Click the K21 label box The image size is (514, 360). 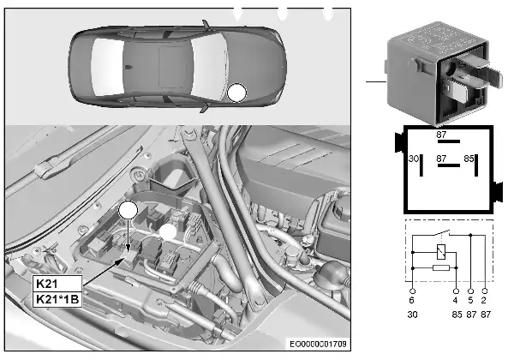pyautogui.click(x=57, y=284)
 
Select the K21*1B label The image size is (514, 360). pyautogui.click(x=57, y=299)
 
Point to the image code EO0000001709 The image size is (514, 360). pyautogui.click(x=318, y=344)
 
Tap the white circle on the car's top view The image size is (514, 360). pyautogui.click(x=236, y=93)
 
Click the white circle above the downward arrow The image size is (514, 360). pyautogui.click(x=128, y=210)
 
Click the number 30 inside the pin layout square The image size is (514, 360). pyautogui.click(x=414, y=159)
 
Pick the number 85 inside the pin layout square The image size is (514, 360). pyautogui.click(x=469, y=159)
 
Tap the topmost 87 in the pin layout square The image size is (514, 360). pyautogui.click(x=441, y=135)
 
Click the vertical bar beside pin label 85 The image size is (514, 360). pyautogui.click(x=476, y=165)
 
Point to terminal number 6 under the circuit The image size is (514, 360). pyautogui.click(x=412, y=300)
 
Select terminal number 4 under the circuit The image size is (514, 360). pyautogui.click(x=455, y=300)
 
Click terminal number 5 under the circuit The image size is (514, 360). pyautogui.click(x=470, y=300)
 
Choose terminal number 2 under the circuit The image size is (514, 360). pyautogui.click(x=483, y=300)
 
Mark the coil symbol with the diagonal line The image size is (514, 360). pyautogui.click(x=441, y=253)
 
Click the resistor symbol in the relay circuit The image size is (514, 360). pyautogui.click(x=441, y=268)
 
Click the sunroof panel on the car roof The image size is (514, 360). pyautogui.click(x=172, y=67)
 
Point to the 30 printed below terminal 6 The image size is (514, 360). pyautogui.click(x=412, y=315)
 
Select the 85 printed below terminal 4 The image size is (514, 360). pyautogui.click(x=457, y=315)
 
